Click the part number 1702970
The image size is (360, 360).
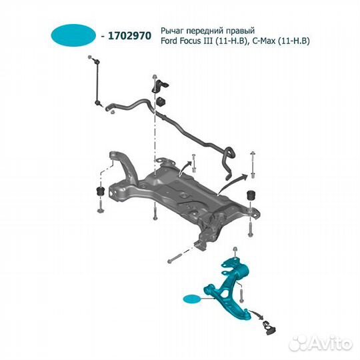(x=130, y=36)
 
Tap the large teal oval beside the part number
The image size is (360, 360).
(x=73, y=35)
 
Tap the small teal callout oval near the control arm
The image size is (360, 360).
(x=192, y=299)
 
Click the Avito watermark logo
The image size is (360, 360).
(x=321, y=343)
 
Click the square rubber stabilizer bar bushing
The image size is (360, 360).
(x=161, y=102)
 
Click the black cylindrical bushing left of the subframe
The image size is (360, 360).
(x=100, y=191)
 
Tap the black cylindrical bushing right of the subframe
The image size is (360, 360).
(x=251, y=195)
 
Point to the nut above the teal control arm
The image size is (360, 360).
(x=235, y=250)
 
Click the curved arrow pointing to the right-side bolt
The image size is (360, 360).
(x=233, y=183)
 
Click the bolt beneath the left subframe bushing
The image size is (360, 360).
(x=100, y=206)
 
